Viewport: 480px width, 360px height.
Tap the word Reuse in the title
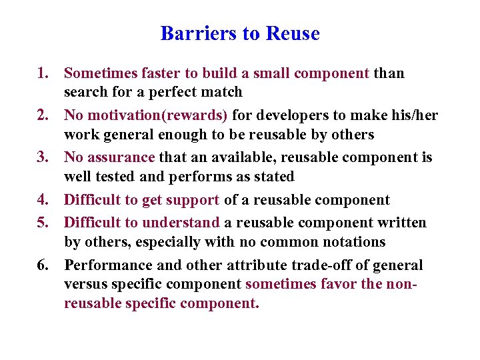pyautogui.click(x=293, y=33)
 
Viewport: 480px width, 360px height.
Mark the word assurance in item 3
pyautogui.click(x=121, y=157)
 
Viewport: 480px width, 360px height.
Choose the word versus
pyautogui.click(x=86, y=284)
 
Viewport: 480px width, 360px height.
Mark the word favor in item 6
pyautogui.click(x=342, y=284)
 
